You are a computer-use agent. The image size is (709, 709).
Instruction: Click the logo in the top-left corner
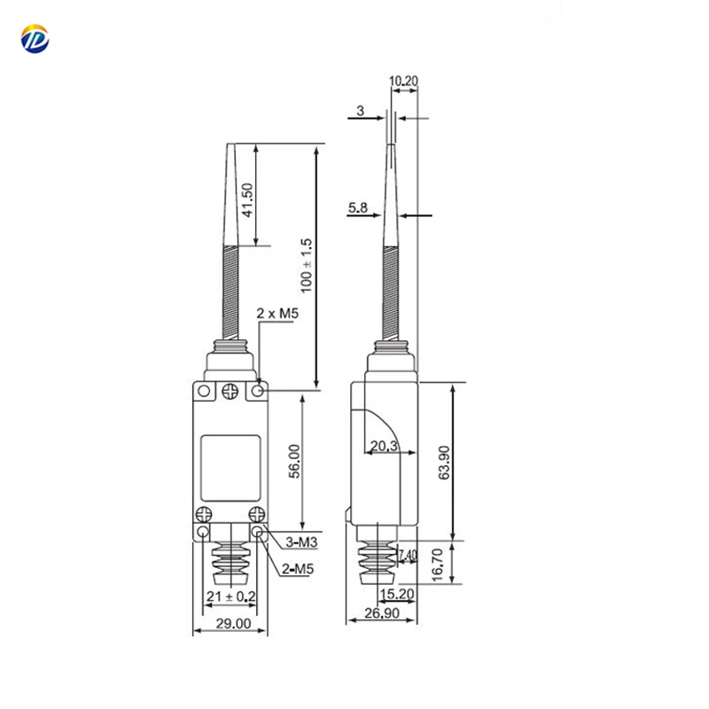36,39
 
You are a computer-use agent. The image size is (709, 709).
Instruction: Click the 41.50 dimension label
248,200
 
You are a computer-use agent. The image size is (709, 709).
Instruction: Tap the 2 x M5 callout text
277,314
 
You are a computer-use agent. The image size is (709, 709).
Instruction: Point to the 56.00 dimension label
295,462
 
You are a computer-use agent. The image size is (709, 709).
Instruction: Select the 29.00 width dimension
229,624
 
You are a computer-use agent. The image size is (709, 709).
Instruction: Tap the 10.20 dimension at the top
404,82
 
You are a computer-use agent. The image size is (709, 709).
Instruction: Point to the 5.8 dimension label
358,207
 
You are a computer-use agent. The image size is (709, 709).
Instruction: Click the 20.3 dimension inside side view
383,447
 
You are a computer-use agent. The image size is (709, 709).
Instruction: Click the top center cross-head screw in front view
230,390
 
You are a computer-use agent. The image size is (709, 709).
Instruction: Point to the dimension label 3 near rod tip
360,111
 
